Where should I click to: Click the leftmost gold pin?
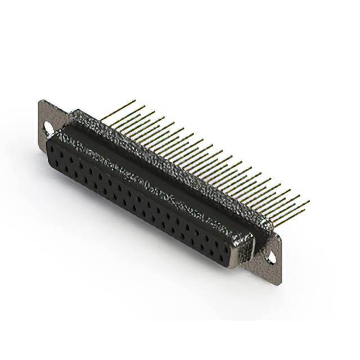pos(119,110)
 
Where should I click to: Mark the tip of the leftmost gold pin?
pos(135,101)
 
